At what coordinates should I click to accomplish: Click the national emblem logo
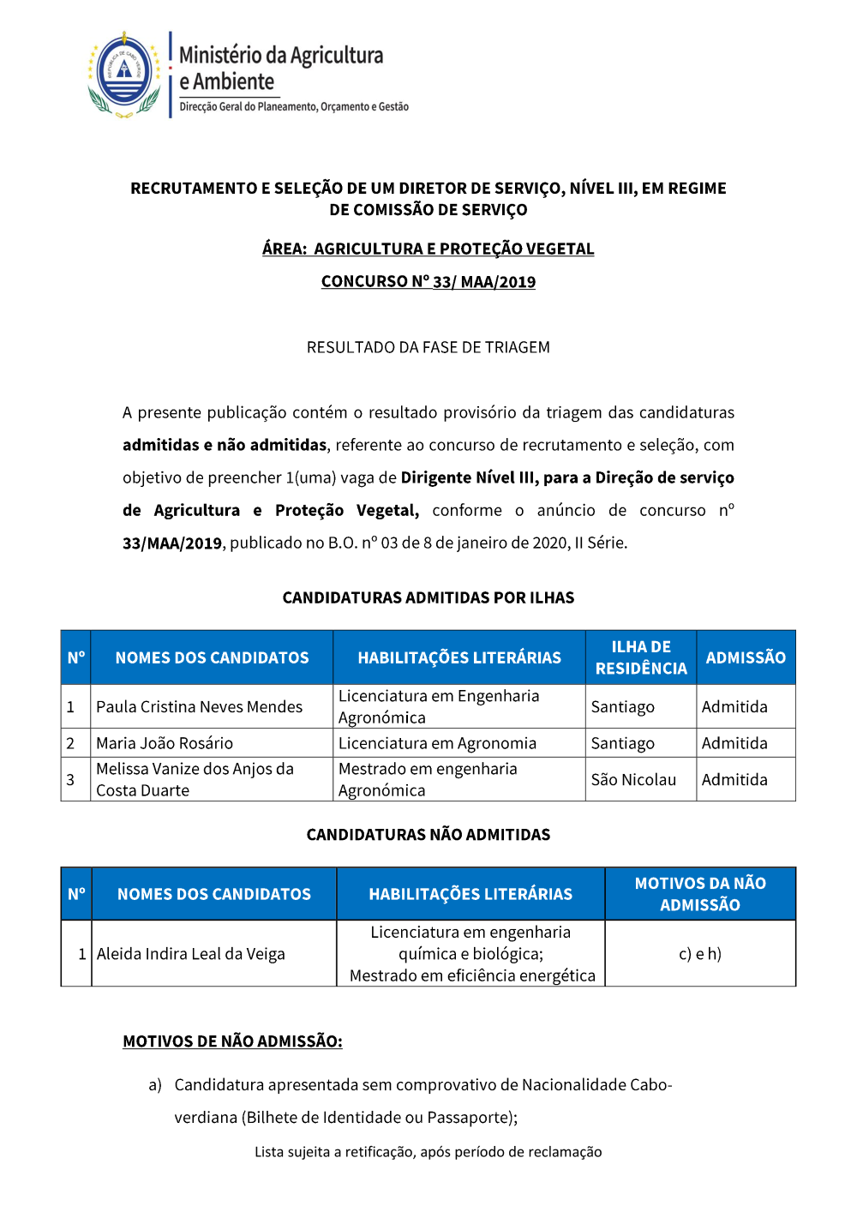[x=124, y=73]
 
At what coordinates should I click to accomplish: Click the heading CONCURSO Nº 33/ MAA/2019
[x=428, y=282]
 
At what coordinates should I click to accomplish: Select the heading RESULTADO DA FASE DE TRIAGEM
[x=428, y=347]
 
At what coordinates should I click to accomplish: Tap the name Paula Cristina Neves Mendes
[x=199, y=707]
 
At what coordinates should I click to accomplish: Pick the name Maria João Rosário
[x=165, y=743]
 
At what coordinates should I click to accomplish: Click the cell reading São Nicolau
[x=633, y=780]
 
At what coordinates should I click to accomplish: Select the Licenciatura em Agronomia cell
[x=437, y=743]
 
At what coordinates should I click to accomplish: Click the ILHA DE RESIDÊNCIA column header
[x=641, y=657]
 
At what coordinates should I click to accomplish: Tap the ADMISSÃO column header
[x=746, y=657]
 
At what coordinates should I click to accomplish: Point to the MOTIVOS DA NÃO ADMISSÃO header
[x=700, y=894]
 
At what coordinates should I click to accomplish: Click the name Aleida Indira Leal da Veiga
[x=191, y=954]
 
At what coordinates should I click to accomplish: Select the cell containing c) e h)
[x=700, y=954]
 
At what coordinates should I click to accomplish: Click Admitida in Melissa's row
[x=734, y=780]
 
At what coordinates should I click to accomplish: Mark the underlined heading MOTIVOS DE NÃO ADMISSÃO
[x=232, y=1041]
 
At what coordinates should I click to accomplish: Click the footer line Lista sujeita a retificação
[x=428, y=1152]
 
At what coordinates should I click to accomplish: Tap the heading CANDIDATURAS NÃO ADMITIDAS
[x=428, y=835]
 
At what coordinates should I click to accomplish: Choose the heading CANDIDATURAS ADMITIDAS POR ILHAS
[x=428, y=597]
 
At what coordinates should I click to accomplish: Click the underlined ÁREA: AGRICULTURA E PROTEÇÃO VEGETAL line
[x=428, y=249]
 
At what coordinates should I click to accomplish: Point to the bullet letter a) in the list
[x=155, y=1085]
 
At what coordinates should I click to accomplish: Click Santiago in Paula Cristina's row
[x=622, y=707]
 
